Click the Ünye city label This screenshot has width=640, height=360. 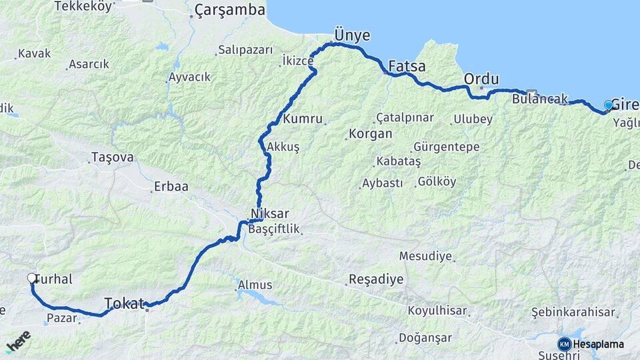[351, 35]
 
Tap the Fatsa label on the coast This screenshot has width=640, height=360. [407, 66]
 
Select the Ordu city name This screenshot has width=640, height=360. [481, 79]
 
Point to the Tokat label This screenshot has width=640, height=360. [125, 304]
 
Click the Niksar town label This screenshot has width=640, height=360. [269, 214]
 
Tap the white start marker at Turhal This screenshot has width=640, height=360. [32, 279]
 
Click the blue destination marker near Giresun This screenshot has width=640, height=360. [608, 105]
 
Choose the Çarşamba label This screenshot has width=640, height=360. [229, 10]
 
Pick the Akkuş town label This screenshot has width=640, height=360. [283, 146]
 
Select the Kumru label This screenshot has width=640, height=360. [303, 119]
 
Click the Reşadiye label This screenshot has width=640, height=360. [376, 279]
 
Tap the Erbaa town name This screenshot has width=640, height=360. [171, 187]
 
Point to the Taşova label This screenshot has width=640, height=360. [113, 157]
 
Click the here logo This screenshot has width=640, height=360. [18, 341]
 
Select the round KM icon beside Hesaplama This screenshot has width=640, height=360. [565, 344]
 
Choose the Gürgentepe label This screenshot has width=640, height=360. [447, 145]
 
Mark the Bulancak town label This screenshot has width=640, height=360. [540, 99]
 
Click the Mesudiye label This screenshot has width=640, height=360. [425, 255]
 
